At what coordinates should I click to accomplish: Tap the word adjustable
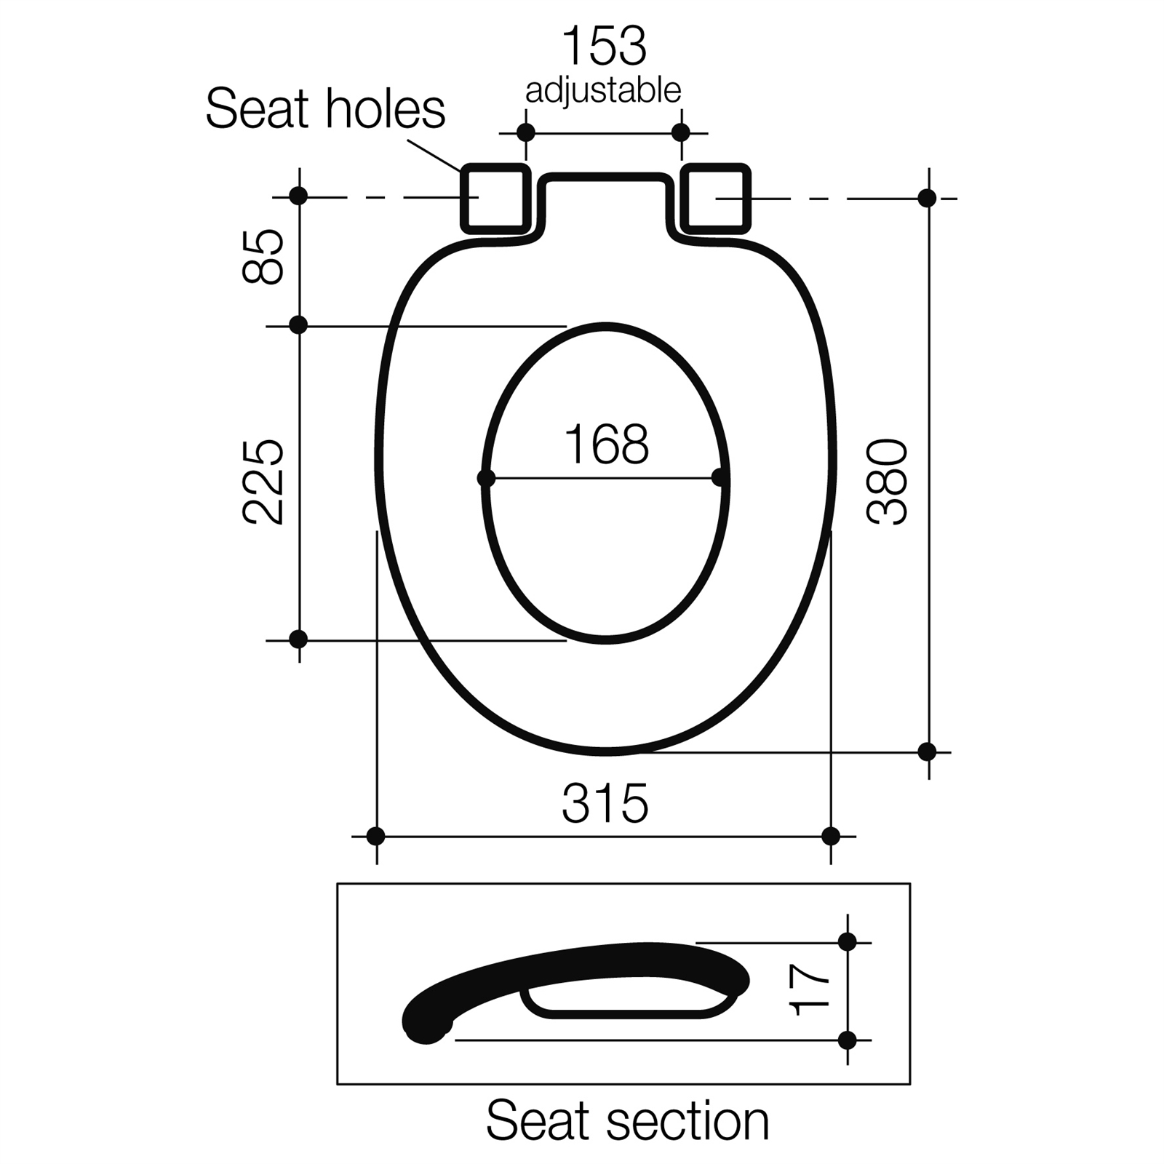603,92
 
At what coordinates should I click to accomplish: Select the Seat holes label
325,110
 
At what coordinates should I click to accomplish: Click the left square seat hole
495,199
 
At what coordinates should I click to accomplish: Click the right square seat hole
715,199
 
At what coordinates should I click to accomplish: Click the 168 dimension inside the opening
606,445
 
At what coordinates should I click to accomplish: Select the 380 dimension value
888,482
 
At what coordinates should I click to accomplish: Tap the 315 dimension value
605,804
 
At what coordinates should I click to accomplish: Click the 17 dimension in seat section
810,990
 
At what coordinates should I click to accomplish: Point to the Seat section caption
627,1121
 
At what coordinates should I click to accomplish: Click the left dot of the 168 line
486,478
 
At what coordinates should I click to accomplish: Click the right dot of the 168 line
720,478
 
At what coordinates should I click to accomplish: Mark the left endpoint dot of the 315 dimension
375,837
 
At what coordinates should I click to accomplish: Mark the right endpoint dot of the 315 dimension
830,837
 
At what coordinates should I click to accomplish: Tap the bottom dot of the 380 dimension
927,752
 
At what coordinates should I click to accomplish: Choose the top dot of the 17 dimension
847,942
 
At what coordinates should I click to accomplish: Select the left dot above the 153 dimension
525,132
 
